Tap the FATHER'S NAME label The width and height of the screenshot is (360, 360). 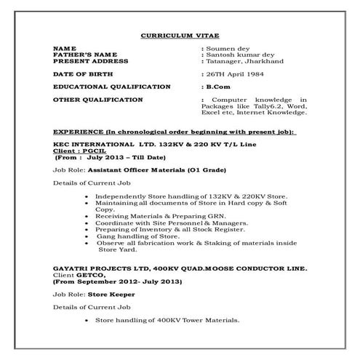(84, 55)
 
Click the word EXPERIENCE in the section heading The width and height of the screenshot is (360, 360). (79, 132)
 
